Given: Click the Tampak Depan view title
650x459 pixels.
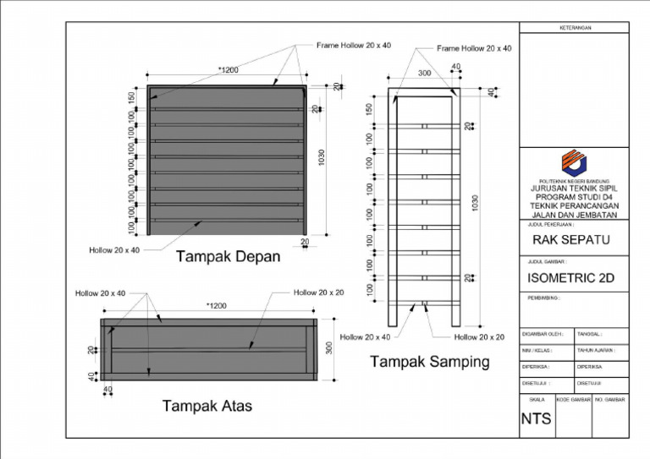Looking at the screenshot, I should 228,257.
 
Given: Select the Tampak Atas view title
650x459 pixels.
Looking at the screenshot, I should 207,407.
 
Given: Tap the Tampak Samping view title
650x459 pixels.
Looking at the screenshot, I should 430,363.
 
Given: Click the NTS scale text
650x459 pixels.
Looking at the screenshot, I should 536,418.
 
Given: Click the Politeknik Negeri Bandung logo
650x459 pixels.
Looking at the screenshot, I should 574,162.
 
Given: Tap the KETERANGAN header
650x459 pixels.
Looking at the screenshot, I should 574,28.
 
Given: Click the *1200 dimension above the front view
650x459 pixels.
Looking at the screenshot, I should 227,70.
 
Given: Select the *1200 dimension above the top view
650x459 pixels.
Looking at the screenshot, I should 220,305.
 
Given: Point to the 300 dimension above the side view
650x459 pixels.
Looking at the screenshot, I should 424,74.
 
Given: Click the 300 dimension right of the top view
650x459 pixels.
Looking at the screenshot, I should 330,348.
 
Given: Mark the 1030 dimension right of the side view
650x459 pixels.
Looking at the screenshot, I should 476,204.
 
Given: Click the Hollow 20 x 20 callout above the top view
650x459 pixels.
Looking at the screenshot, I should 319,292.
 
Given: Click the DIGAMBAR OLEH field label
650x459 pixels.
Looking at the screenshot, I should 543,334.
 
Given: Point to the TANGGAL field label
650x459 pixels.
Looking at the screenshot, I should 589,334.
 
